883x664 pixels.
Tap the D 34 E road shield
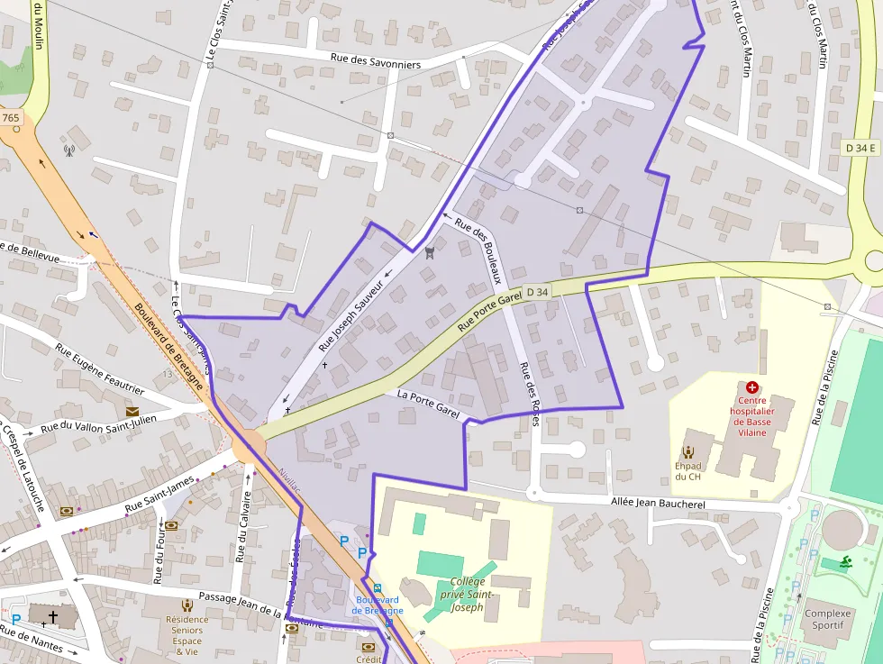[861, 147]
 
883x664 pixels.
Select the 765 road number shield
[11, 118]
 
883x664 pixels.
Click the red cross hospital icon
[751, 387]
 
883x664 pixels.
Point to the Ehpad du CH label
[687, 470]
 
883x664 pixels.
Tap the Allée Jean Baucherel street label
[658, 503]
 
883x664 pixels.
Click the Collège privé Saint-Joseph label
[467, 594]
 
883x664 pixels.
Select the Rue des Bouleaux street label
[477, 250]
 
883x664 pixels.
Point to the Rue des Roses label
[528, 393]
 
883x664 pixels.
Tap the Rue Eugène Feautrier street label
[99, 368]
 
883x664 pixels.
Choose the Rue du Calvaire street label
[243, 527]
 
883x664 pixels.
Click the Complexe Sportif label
[827, 620]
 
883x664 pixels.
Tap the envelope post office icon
[132, 412]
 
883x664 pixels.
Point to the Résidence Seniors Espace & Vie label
[187, 634]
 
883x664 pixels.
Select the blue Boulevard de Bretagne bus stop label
[377, 605]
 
